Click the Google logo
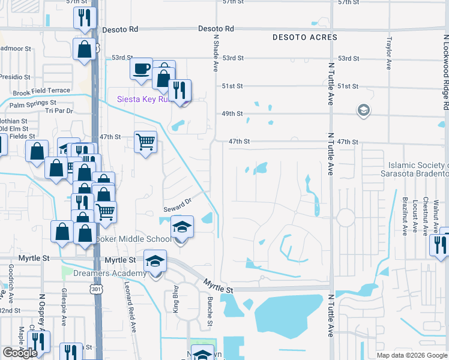(20, 353)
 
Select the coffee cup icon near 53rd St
(141, 68)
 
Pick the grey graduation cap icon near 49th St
(363, 110)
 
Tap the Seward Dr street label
(177, 205)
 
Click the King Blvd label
(176, 302)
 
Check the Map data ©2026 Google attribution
(411, 355)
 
